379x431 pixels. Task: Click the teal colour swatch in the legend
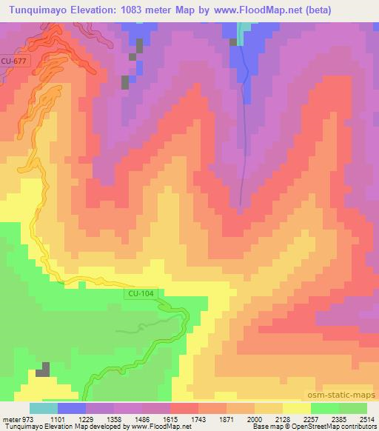pos(44,408)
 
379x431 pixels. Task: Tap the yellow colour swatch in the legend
pos(297,408)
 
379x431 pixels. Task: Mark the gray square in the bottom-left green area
pos(44,370)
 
